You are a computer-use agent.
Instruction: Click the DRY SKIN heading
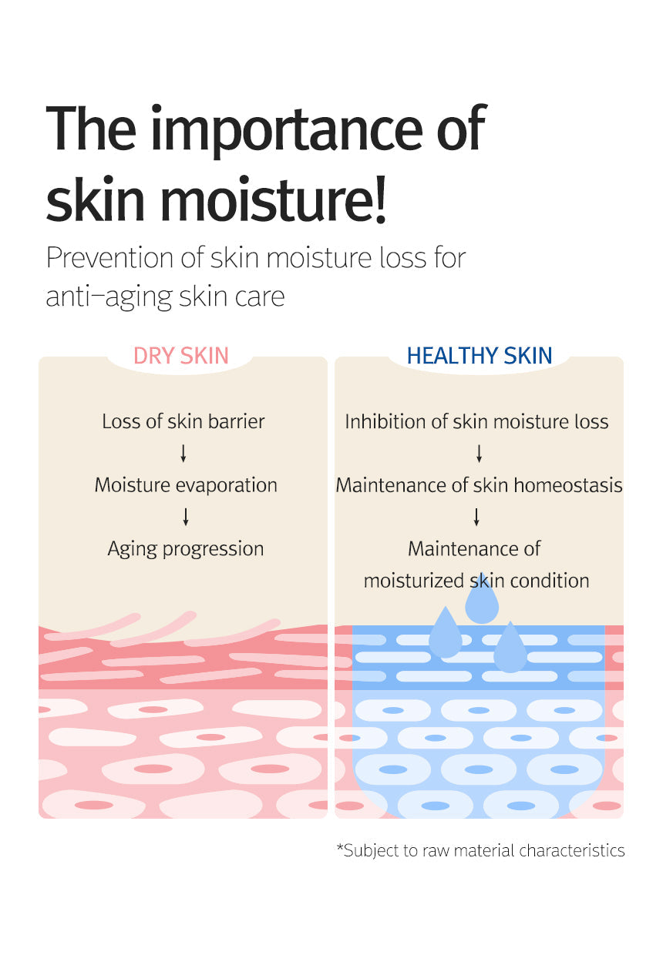coord(181,355)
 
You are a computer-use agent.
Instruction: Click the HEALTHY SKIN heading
coord(480,355)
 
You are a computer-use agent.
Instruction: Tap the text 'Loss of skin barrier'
coord(183,421)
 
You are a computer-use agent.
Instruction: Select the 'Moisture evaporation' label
coord(186,485)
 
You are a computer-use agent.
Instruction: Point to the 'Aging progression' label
coord(186,548)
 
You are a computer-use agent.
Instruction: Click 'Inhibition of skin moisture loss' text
coord(476,421)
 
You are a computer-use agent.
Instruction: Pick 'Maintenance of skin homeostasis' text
coord(479,485)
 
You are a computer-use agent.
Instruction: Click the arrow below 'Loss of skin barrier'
coord(183,454)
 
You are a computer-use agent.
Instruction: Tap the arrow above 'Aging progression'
coord(186,517)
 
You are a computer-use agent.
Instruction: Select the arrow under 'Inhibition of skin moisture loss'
coord(479,454)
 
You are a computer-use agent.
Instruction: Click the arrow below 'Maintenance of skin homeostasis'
coord(476,517)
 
